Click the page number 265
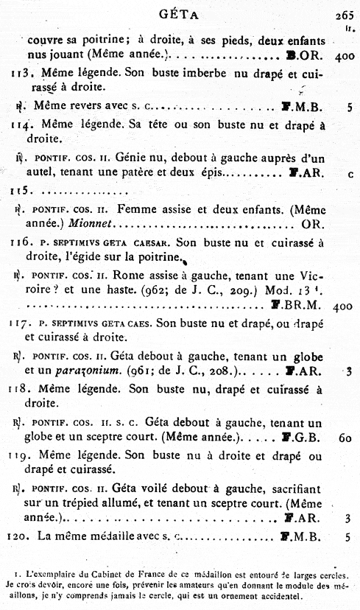tap(344, 13)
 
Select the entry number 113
tap(19, 74)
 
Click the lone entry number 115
tap(19, 190)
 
